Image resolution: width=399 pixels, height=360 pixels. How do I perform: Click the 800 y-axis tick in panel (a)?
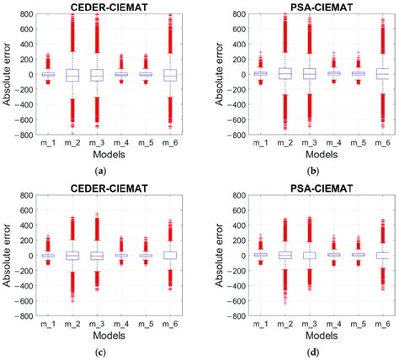click(x=24, y=14)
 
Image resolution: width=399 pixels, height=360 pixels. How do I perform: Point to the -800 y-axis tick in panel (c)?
click(x=22, y=316)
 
